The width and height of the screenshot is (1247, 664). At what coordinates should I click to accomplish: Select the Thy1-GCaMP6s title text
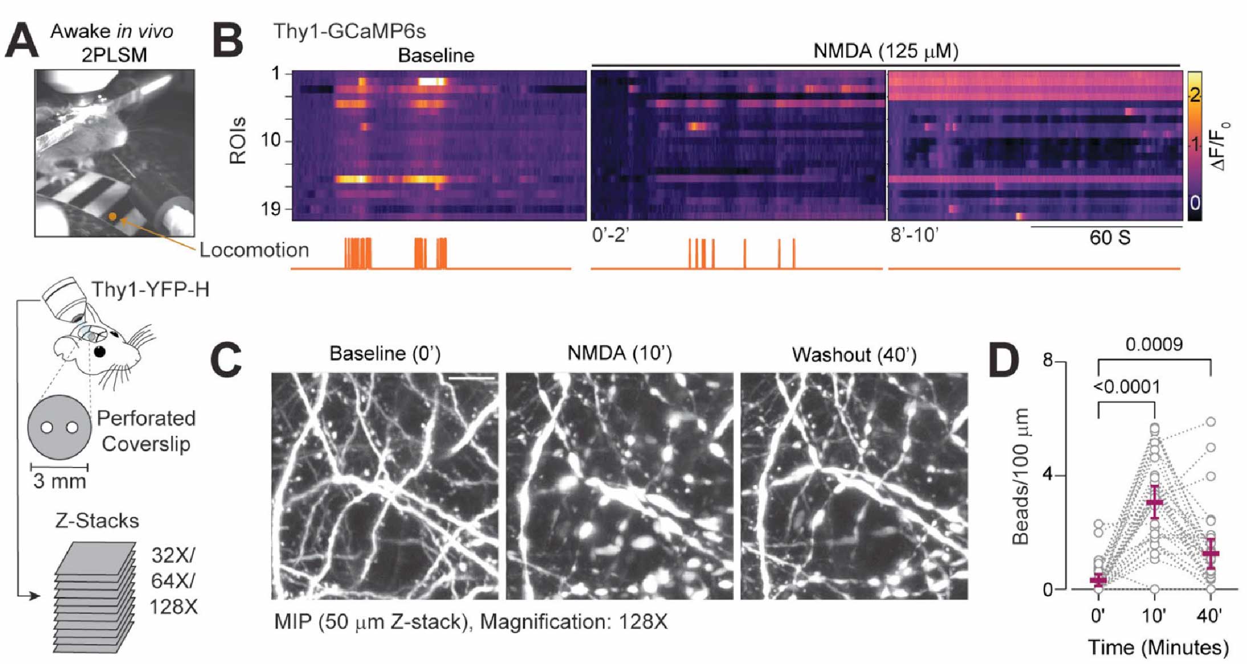coord(349,31)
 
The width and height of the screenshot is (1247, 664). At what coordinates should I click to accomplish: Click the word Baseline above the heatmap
coord(436,55)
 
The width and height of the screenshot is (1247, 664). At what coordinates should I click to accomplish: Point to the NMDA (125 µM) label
coord(886,51)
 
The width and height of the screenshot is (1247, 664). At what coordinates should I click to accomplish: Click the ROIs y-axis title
coord(238,141)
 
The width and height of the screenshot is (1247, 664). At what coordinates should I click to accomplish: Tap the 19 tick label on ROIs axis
coord(271,209)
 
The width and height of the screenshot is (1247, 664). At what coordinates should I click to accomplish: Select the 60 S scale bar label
coord(1110,238)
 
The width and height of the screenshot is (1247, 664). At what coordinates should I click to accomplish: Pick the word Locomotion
coord(254,250)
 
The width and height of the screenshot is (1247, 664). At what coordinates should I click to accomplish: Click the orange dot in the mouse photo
coord(113,217)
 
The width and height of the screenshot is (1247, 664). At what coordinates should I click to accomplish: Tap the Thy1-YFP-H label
coord(150,290)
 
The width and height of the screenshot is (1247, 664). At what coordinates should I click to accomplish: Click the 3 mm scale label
coord(59,481)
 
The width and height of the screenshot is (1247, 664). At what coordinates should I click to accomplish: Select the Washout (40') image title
coord(854,355)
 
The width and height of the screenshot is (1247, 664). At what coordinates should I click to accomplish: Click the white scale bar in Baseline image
coord(471,377)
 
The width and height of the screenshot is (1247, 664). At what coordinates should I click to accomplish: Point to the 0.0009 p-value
coord(1154,344)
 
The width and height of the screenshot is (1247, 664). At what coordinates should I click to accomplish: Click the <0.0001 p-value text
coord(1127,387)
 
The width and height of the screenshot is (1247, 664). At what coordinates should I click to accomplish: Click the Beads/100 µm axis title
coord(1020,476)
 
